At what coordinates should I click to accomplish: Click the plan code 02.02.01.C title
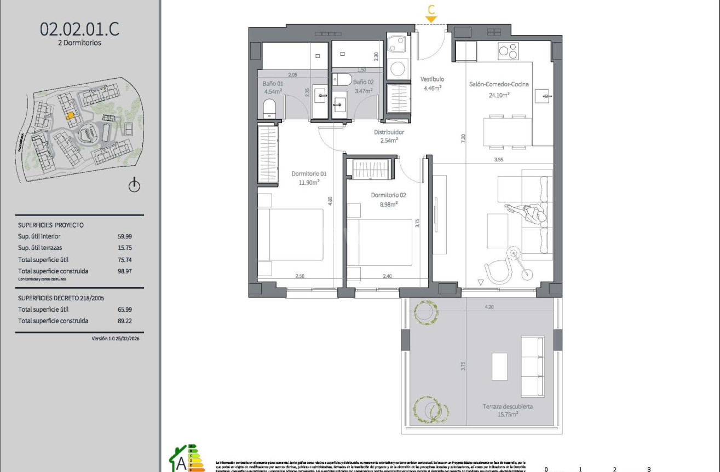[79, 29]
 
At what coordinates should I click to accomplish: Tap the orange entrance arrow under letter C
[431, 20]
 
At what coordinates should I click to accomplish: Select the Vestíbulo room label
[432, 79]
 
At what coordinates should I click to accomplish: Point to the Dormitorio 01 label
[305, 174]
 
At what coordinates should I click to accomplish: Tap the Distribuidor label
[389, 132]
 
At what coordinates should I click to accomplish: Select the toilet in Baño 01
[270, 112]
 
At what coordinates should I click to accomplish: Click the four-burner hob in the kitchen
[508, 51]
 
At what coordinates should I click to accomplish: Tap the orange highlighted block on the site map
[70, 116]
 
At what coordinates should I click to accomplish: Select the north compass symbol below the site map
[134, 186]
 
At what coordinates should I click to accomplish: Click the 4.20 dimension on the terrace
[489, 307]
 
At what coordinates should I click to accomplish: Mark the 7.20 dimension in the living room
[463, 138]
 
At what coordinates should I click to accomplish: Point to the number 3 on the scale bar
[649, 469]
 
